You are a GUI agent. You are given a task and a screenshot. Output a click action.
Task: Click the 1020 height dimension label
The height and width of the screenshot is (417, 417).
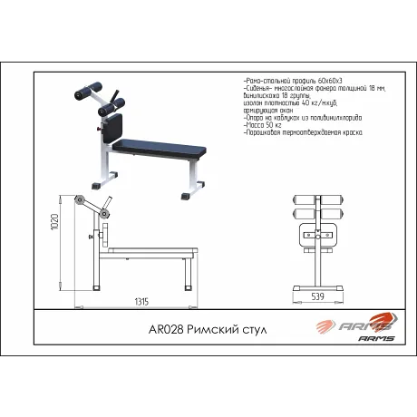(55, 221)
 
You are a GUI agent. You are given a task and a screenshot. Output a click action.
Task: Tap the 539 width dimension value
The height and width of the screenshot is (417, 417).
(317, 295)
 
